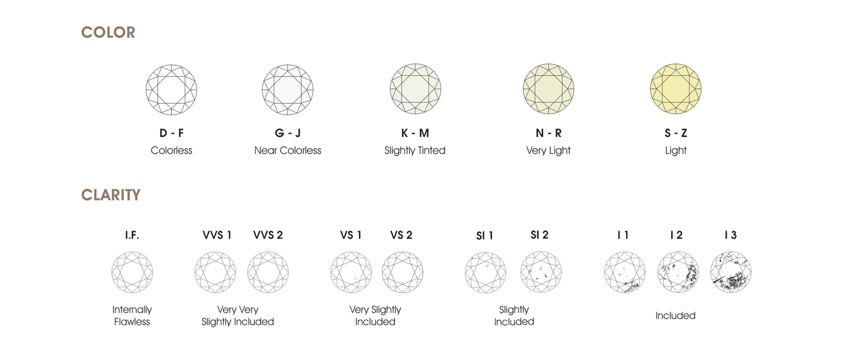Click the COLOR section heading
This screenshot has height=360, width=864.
pyautogui.click(x=108, y=33)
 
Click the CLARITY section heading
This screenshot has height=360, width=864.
pyautogui.click(x=111, y=195)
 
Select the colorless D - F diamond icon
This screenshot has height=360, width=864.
pyautogui.click(x=171, y=90)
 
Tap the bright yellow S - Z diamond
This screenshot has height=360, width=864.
pyautogui.click(x=675, y=90)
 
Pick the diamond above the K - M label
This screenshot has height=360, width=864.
pyautogui.click(x=415, y=90)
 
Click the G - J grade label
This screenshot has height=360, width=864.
pyautogui.click(x=287, y=133)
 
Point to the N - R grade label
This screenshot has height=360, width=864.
pyautogui.click(x=548, y=133)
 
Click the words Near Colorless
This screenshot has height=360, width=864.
pyautogui.click(x=287, y=150)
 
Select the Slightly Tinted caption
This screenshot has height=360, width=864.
pyautogui.click(x=415, y=150)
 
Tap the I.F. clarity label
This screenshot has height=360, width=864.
pyautogui.click(x=132, y=235)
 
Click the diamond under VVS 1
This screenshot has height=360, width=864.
pyautogui.click(x=215, y=272)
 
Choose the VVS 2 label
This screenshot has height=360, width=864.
pyautogui.click(x=268, y=235)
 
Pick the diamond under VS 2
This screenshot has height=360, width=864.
pyautogui.click(x=402, y=272)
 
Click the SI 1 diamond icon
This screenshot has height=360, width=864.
pyautogui.click(x=486, y=272)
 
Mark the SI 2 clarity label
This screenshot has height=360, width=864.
pyautogui.click(x=539, y=235)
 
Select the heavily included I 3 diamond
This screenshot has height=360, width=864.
pyautogui.click(x=730, y=272)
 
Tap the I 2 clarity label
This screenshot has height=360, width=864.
pyautogui.click(x=676, y=235)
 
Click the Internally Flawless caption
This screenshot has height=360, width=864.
pyautogui.click(x=132, y=316)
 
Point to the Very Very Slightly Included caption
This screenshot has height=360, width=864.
pyautogui.click(x=237, y=316)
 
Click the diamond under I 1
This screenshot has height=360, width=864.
pyautogui.click(x=624, y=272)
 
